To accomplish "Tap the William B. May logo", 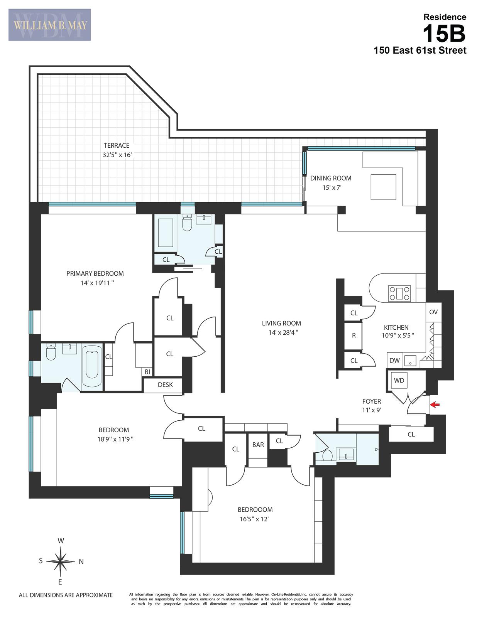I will coord(50,25).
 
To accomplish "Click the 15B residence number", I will coord(444,34).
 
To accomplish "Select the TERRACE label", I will coord(116,146).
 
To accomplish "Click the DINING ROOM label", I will coord(331,178).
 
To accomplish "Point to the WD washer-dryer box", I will coord(399,381).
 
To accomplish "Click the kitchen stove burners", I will coord(399,293).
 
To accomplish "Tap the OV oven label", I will coord(433,312).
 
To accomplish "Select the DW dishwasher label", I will coord(394,361).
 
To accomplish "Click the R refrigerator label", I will coord(354,335).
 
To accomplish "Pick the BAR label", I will coord(258,445).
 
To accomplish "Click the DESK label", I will coord(165,385).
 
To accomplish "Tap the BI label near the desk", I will coord(147,372).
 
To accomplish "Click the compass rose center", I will coord(61,561).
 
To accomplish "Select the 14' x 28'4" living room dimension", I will coord(281,332).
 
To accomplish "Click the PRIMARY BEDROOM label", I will coord(95,274).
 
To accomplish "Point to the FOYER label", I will coord(371,401).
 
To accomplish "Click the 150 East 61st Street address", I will coord(419,51).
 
